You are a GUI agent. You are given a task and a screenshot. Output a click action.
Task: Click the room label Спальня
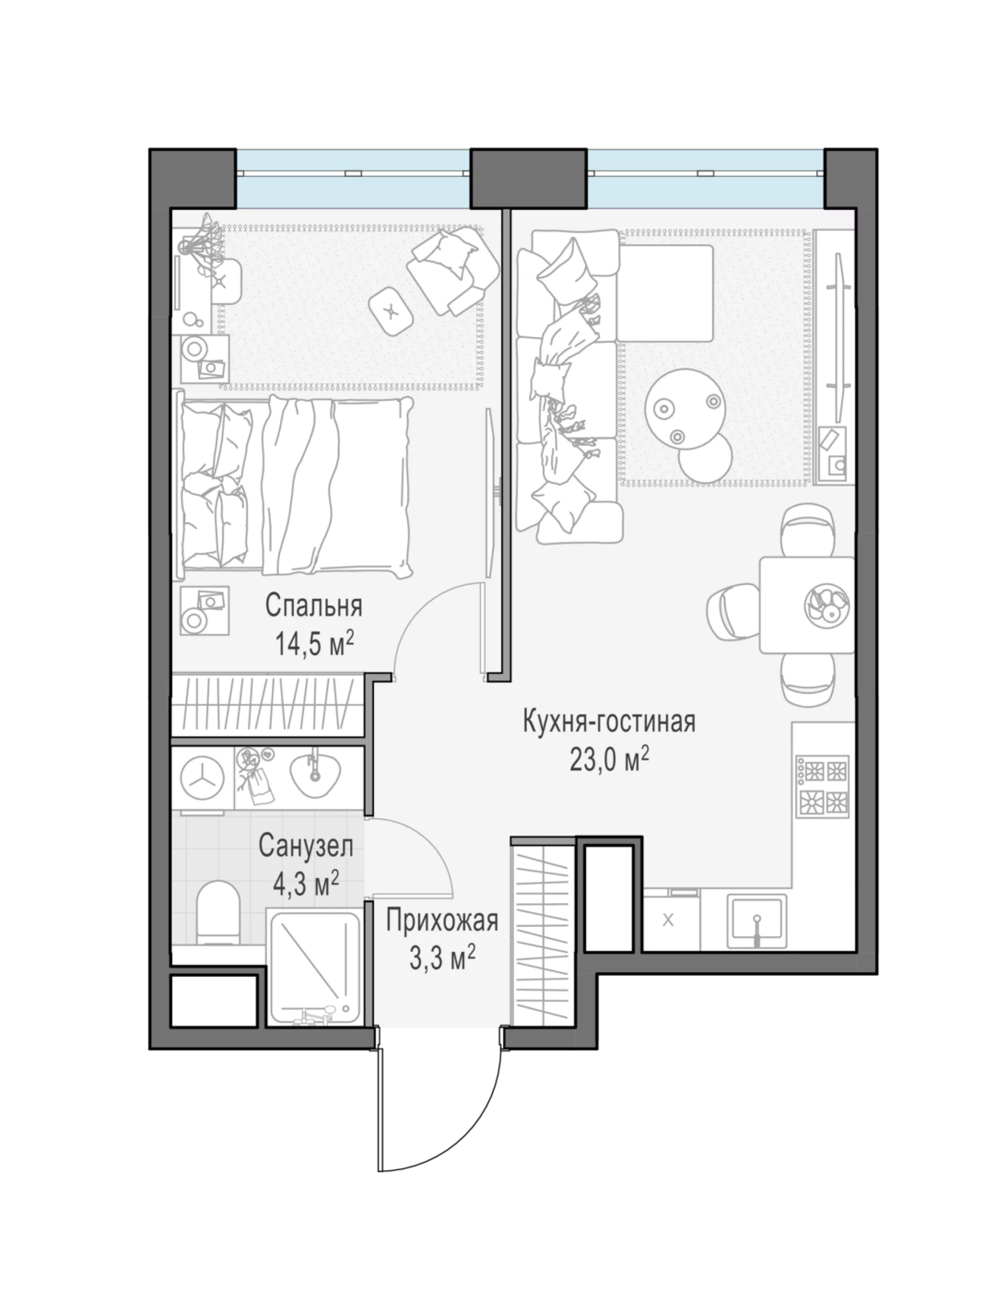point(313,606)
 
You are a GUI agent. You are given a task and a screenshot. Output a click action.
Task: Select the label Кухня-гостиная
point(609,722)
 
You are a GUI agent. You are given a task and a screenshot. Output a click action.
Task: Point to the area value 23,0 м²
point(610,760)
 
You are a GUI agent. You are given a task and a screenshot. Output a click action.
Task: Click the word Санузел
point(306,847)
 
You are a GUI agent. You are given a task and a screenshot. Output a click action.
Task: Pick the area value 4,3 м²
point(306,885)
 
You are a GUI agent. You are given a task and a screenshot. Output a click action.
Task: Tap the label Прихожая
point(442,921)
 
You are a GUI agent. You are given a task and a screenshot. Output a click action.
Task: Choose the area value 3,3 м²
point(442,959)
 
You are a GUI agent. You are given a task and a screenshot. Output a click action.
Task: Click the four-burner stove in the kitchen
point(822,786)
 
